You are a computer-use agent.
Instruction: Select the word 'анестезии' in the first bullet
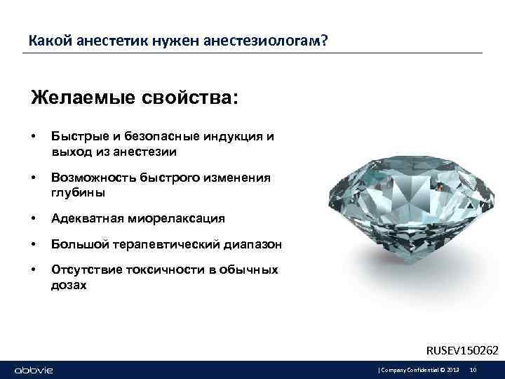[x=147, y=151]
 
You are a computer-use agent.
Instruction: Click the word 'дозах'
[x=69, y=285]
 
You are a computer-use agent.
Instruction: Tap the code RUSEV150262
[x=462, y=349]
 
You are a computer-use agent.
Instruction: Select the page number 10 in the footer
[x=473, y=370]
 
